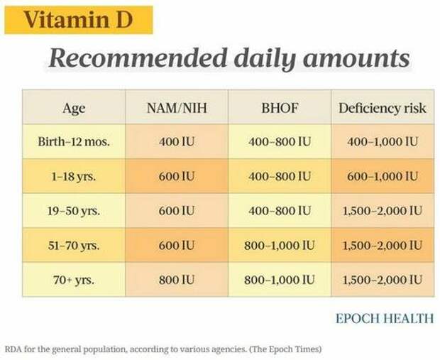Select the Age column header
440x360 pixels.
(x=74, y=108)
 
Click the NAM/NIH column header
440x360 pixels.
(x=177, y=108)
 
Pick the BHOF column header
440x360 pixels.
(x=279, y=108)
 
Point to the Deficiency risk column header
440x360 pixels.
(x=382, y=108)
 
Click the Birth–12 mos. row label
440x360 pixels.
(x=74, y=142)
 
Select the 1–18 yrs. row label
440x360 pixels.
(x=74, y=176)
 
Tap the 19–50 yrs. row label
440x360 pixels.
(x=74, y=211)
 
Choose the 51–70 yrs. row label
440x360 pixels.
(x=74, y=245)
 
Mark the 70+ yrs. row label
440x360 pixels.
(x=74, y=279)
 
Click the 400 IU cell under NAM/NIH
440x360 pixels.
(x=177, y=142)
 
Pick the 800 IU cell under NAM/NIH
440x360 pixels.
(x=177, y=279)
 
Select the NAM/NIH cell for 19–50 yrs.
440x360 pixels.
(x=177, y=211)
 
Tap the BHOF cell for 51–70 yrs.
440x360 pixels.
(x=279, y=245)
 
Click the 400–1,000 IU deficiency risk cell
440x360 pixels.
(x=382, y=142)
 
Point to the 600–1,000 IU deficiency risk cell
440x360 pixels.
(x=382, y=176)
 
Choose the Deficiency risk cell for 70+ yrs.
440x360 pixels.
(x=382, y=279)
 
